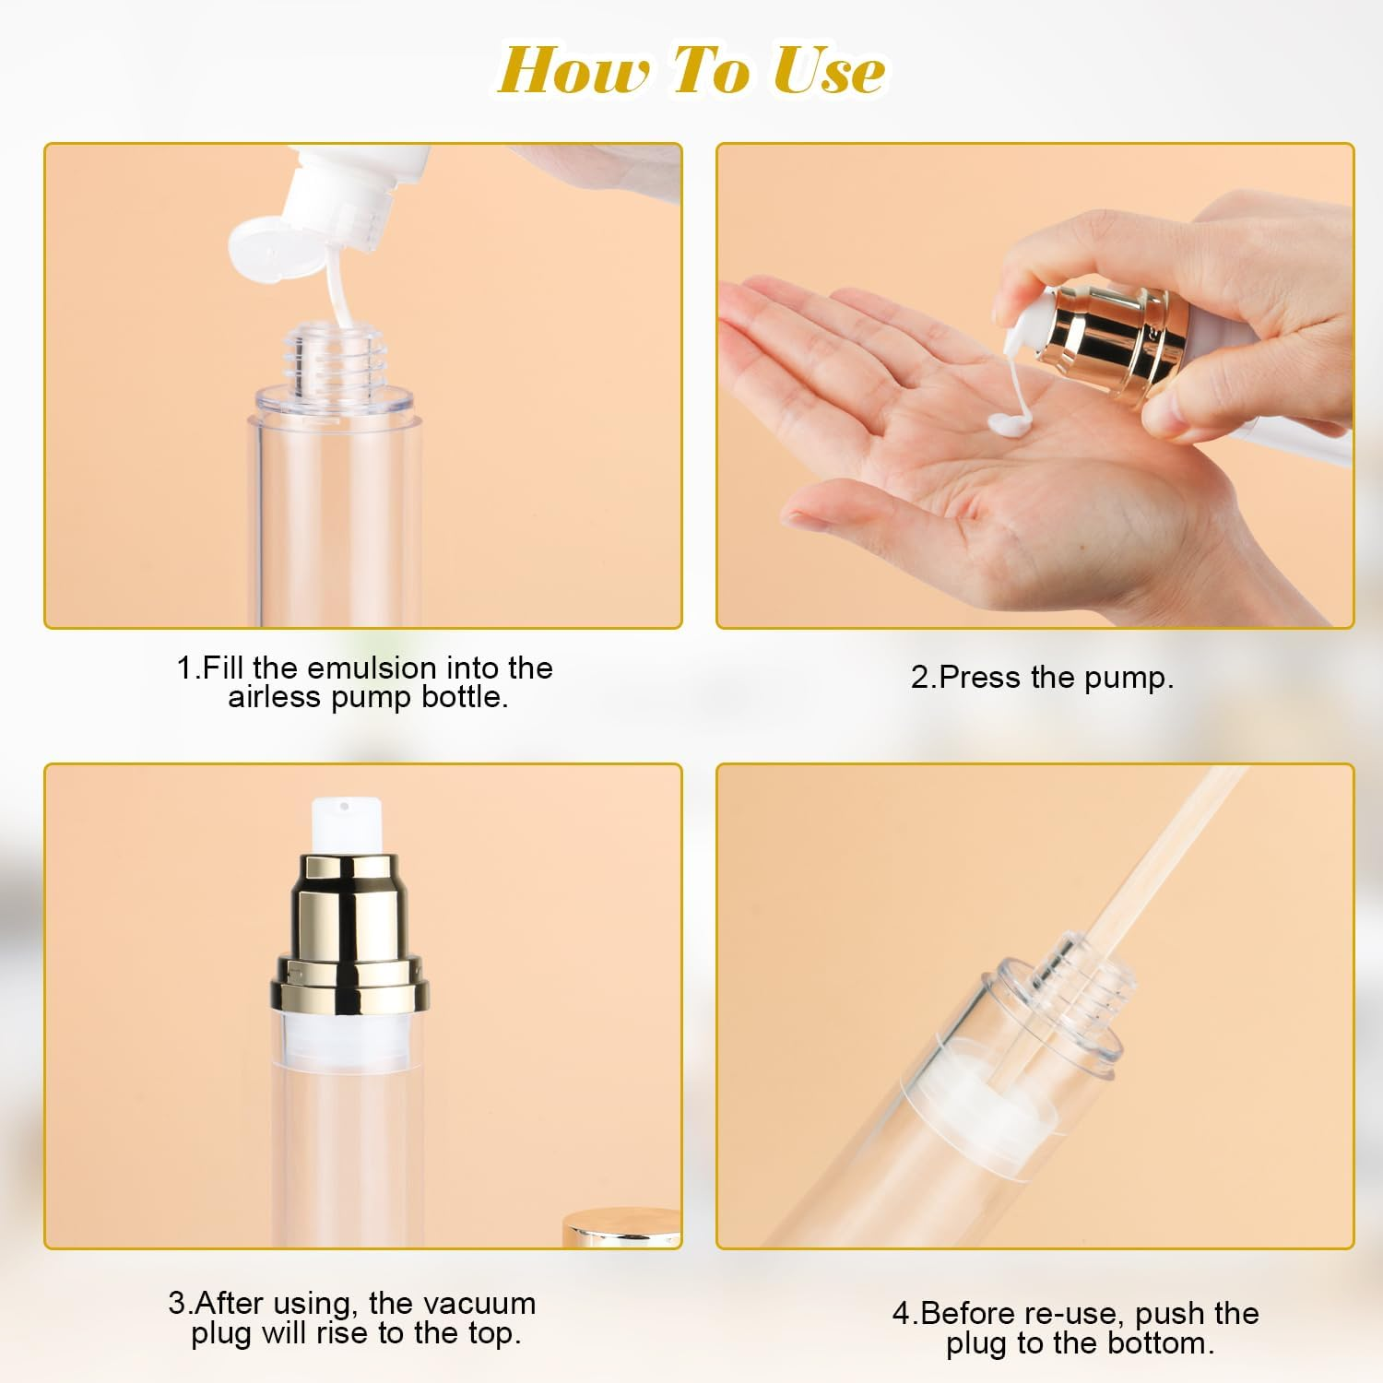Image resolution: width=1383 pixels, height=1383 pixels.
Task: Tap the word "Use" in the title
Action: tap(828, 70)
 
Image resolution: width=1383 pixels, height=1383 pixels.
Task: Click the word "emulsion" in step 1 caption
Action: tap(372, 668)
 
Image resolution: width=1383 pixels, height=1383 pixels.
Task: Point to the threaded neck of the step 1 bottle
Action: tap(334, 360)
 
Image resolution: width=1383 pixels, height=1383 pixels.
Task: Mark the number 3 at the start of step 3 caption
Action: tap(177, 1304)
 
